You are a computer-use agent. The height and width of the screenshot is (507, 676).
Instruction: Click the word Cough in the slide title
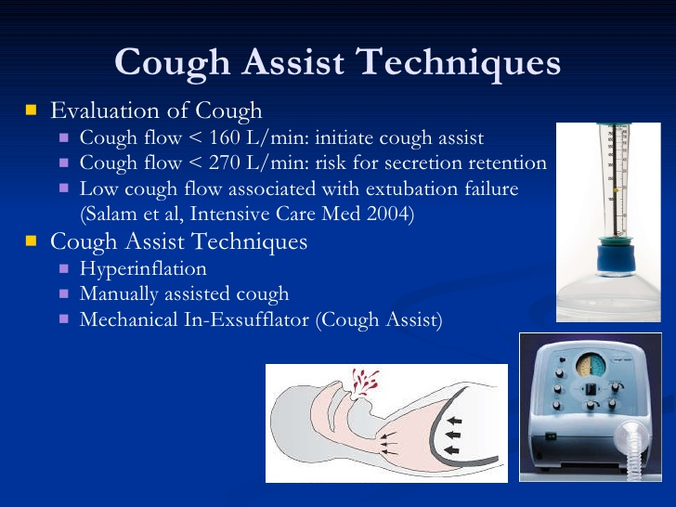173,62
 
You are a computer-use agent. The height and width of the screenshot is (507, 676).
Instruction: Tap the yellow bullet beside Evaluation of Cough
31,110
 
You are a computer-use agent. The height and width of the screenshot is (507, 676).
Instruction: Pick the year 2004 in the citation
390,214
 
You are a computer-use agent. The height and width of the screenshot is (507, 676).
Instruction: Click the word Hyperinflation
143,269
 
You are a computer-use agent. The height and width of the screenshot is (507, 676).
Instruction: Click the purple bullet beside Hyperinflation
64,269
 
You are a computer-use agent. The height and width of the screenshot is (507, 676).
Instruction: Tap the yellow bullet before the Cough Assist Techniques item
31,240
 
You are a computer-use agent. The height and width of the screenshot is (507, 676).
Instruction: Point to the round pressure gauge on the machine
591,366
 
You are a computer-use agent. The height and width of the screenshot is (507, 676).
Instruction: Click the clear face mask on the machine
630,436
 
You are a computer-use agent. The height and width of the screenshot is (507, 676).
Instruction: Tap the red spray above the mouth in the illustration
364,382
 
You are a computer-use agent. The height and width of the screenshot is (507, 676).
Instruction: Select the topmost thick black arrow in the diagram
454,420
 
